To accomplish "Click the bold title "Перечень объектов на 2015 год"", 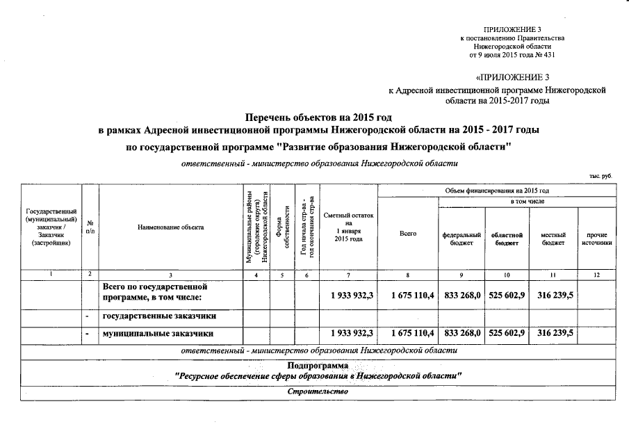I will (318, 118).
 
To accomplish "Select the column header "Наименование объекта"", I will (171, 227).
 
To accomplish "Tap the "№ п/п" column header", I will (90, 227).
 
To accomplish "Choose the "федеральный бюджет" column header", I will (461, 238).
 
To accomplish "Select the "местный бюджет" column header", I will (554, 238).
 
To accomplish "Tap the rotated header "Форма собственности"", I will (282, 227).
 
